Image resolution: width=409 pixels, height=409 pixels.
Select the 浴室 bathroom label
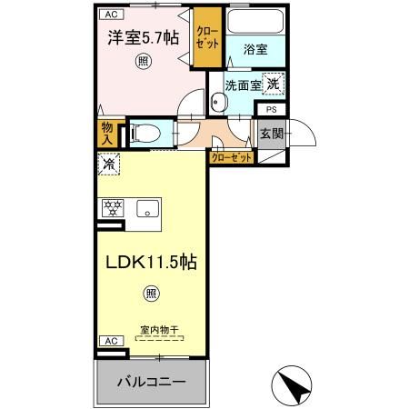tap(256, 51)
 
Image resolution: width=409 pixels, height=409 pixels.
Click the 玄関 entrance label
tap(271, 134)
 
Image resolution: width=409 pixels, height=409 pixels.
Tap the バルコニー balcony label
tap(151, 382)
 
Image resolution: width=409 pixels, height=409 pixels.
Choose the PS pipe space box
tap(271, 110)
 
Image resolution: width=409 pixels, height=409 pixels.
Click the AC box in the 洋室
tap(109, 15)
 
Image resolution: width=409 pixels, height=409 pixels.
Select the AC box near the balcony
tap(109, 340)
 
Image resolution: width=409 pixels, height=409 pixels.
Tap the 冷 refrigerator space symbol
tap(108, 165)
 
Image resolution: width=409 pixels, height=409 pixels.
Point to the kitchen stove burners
tap(113, 207)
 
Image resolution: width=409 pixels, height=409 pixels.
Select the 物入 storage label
tap(107, 134)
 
